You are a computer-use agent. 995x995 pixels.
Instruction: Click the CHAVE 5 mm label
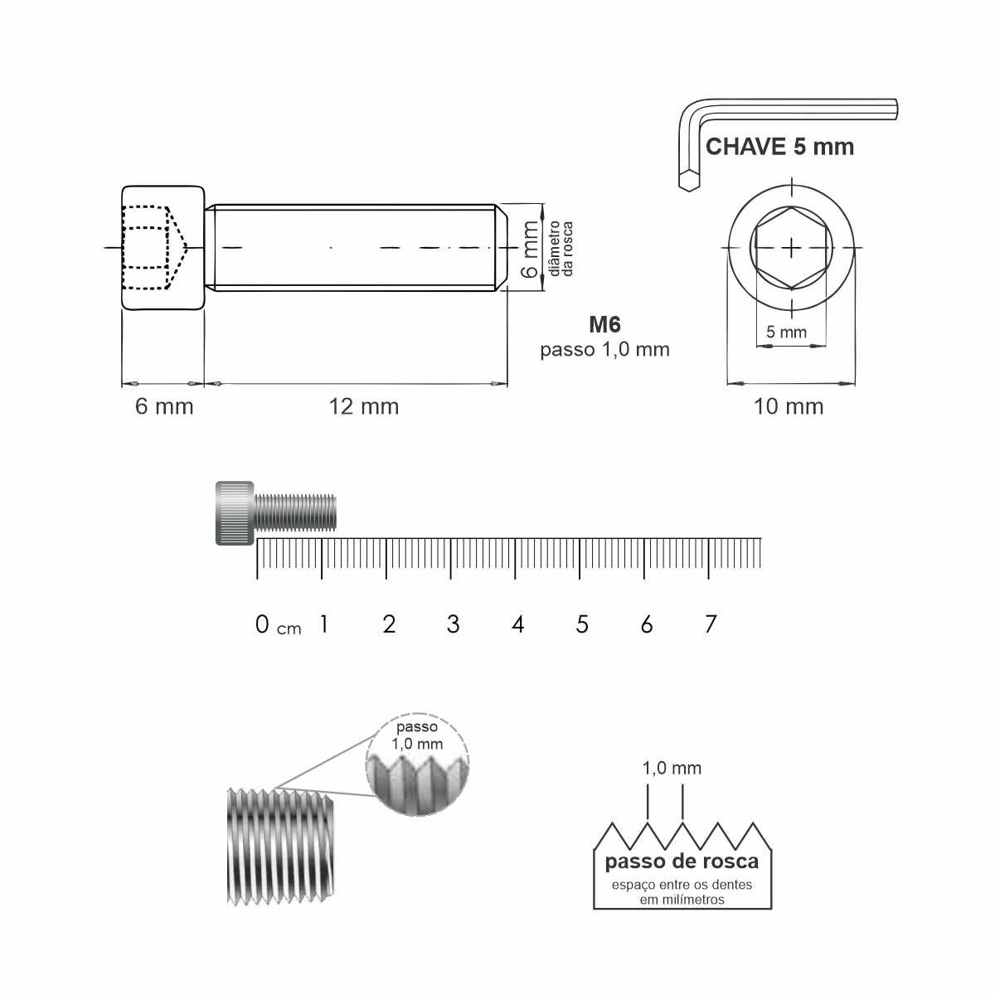click(779, 147)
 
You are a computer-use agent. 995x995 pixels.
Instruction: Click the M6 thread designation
click(604, 324)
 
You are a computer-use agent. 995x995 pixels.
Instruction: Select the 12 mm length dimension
click(364, 407)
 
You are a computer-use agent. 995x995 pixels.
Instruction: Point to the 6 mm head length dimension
click(164, 406)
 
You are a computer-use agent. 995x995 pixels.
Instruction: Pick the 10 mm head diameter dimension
click(789, 407)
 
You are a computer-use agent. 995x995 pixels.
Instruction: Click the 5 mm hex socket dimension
click(786, 332)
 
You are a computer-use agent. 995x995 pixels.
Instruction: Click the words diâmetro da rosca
click(561, 249)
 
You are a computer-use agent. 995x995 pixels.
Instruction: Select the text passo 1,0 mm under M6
click(604, 350)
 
